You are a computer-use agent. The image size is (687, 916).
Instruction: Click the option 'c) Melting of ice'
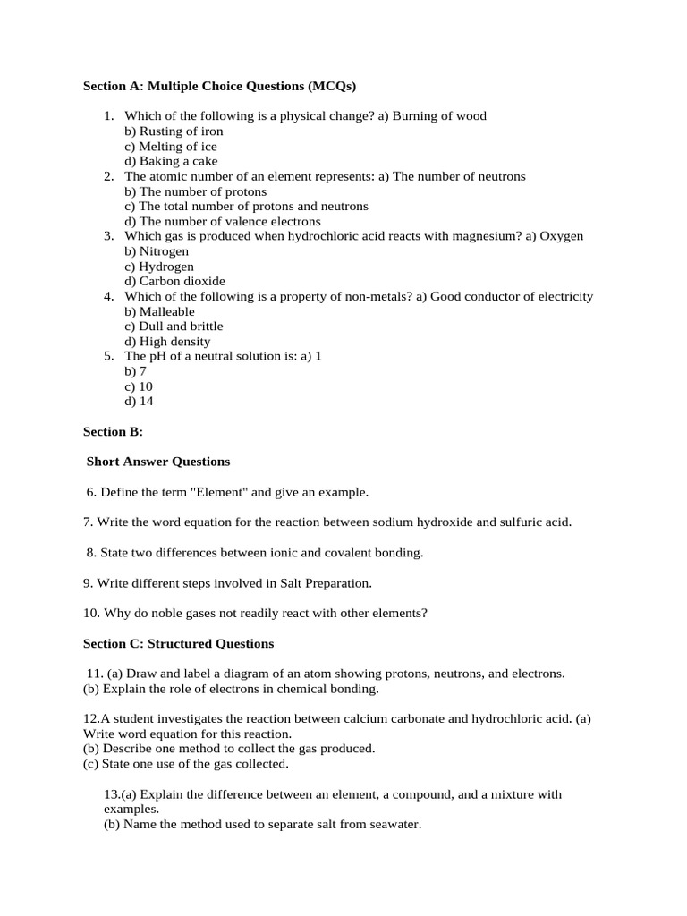pyautogui.click(x=170, y=146)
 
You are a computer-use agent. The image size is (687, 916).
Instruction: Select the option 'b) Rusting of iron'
pyautogui.click(x=174, y=131)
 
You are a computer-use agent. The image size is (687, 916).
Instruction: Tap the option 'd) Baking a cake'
pyautogui.click(x=170, y=161)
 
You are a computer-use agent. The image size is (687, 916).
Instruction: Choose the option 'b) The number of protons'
pyautogui.click(x=195, y=191)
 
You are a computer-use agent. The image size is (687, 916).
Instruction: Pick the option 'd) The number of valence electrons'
pyautogui.click(x=222, y=221)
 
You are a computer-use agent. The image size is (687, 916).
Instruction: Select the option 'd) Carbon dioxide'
pyautogui.click(x=167, y=281)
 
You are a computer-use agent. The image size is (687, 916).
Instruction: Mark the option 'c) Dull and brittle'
pyautogui.click(x=174, y=327)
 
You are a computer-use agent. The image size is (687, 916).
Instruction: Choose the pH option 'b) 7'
pyautogui.click(x=135, y=371)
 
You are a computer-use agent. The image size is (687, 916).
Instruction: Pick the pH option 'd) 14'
pyautogui.click(x=139, y=402)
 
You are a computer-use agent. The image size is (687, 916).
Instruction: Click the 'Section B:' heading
pyautogui.click(x=113, y=432)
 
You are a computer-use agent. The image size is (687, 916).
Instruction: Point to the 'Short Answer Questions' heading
pyautogui.click(x=158, y=462)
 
